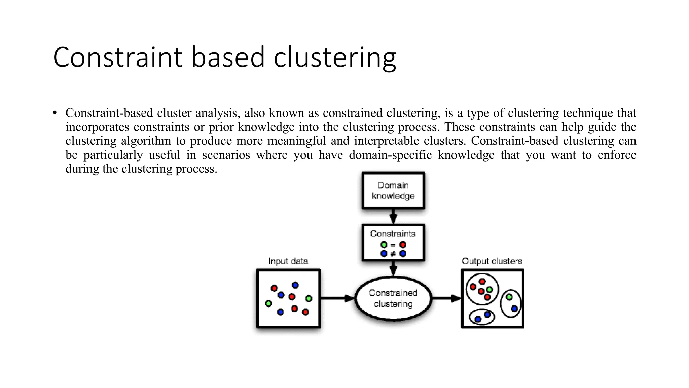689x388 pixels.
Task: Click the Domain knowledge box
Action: (393, 191)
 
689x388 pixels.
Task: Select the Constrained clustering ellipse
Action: (393, 298)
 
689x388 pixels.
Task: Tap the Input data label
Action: (288, 261)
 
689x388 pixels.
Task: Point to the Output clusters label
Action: (492, 261)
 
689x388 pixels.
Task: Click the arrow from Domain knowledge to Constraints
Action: (393, 217)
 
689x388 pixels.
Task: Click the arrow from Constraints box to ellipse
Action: (393, 268)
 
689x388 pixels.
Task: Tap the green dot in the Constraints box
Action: (384, 245)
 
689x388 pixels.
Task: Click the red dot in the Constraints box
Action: (403, 245)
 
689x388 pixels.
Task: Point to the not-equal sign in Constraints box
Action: (393, 254)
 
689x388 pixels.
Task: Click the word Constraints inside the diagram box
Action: (393, 234)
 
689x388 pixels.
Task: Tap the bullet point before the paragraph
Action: (55, 113)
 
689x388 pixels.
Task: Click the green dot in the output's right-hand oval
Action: (509, 297)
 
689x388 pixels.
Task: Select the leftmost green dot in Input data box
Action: (268, 304)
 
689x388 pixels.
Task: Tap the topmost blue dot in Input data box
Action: (295, 285)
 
